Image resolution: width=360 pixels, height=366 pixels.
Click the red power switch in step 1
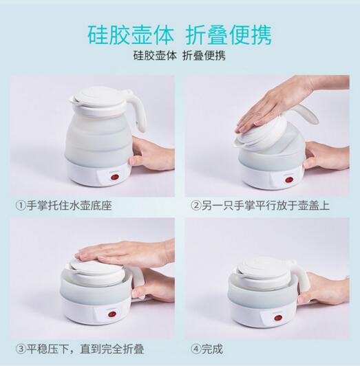click(x=114, y=177)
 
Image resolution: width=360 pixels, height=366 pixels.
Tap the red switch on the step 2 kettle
click(x=289, y=180)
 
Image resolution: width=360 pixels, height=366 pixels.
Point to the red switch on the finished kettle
click(x=277, y=318)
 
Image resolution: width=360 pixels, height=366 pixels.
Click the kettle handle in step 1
click(x=138, y=109)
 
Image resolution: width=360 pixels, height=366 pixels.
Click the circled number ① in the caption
click(x=21, y=206)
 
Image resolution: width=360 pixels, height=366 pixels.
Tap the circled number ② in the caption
click(x=195, y=206)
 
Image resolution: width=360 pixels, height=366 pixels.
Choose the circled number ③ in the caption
click(x=21, y=349)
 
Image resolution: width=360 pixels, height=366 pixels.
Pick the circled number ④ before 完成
click(x=195, y=349)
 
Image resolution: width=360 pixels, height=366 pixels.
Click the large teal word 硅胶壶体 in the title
click(x=131, y=35)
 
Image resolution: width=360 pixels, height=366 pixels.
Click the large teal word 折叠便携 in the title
click(x=229, y=35)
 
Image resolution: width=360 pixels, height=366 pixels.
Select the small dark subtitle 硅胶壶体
click(x=155, y=56)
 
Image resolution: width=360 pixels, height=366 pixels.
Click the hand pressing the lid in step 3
click(x=126, y=253)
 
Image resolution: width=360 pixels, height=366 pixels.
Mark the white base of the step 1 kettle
click(x=98, y=173)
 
